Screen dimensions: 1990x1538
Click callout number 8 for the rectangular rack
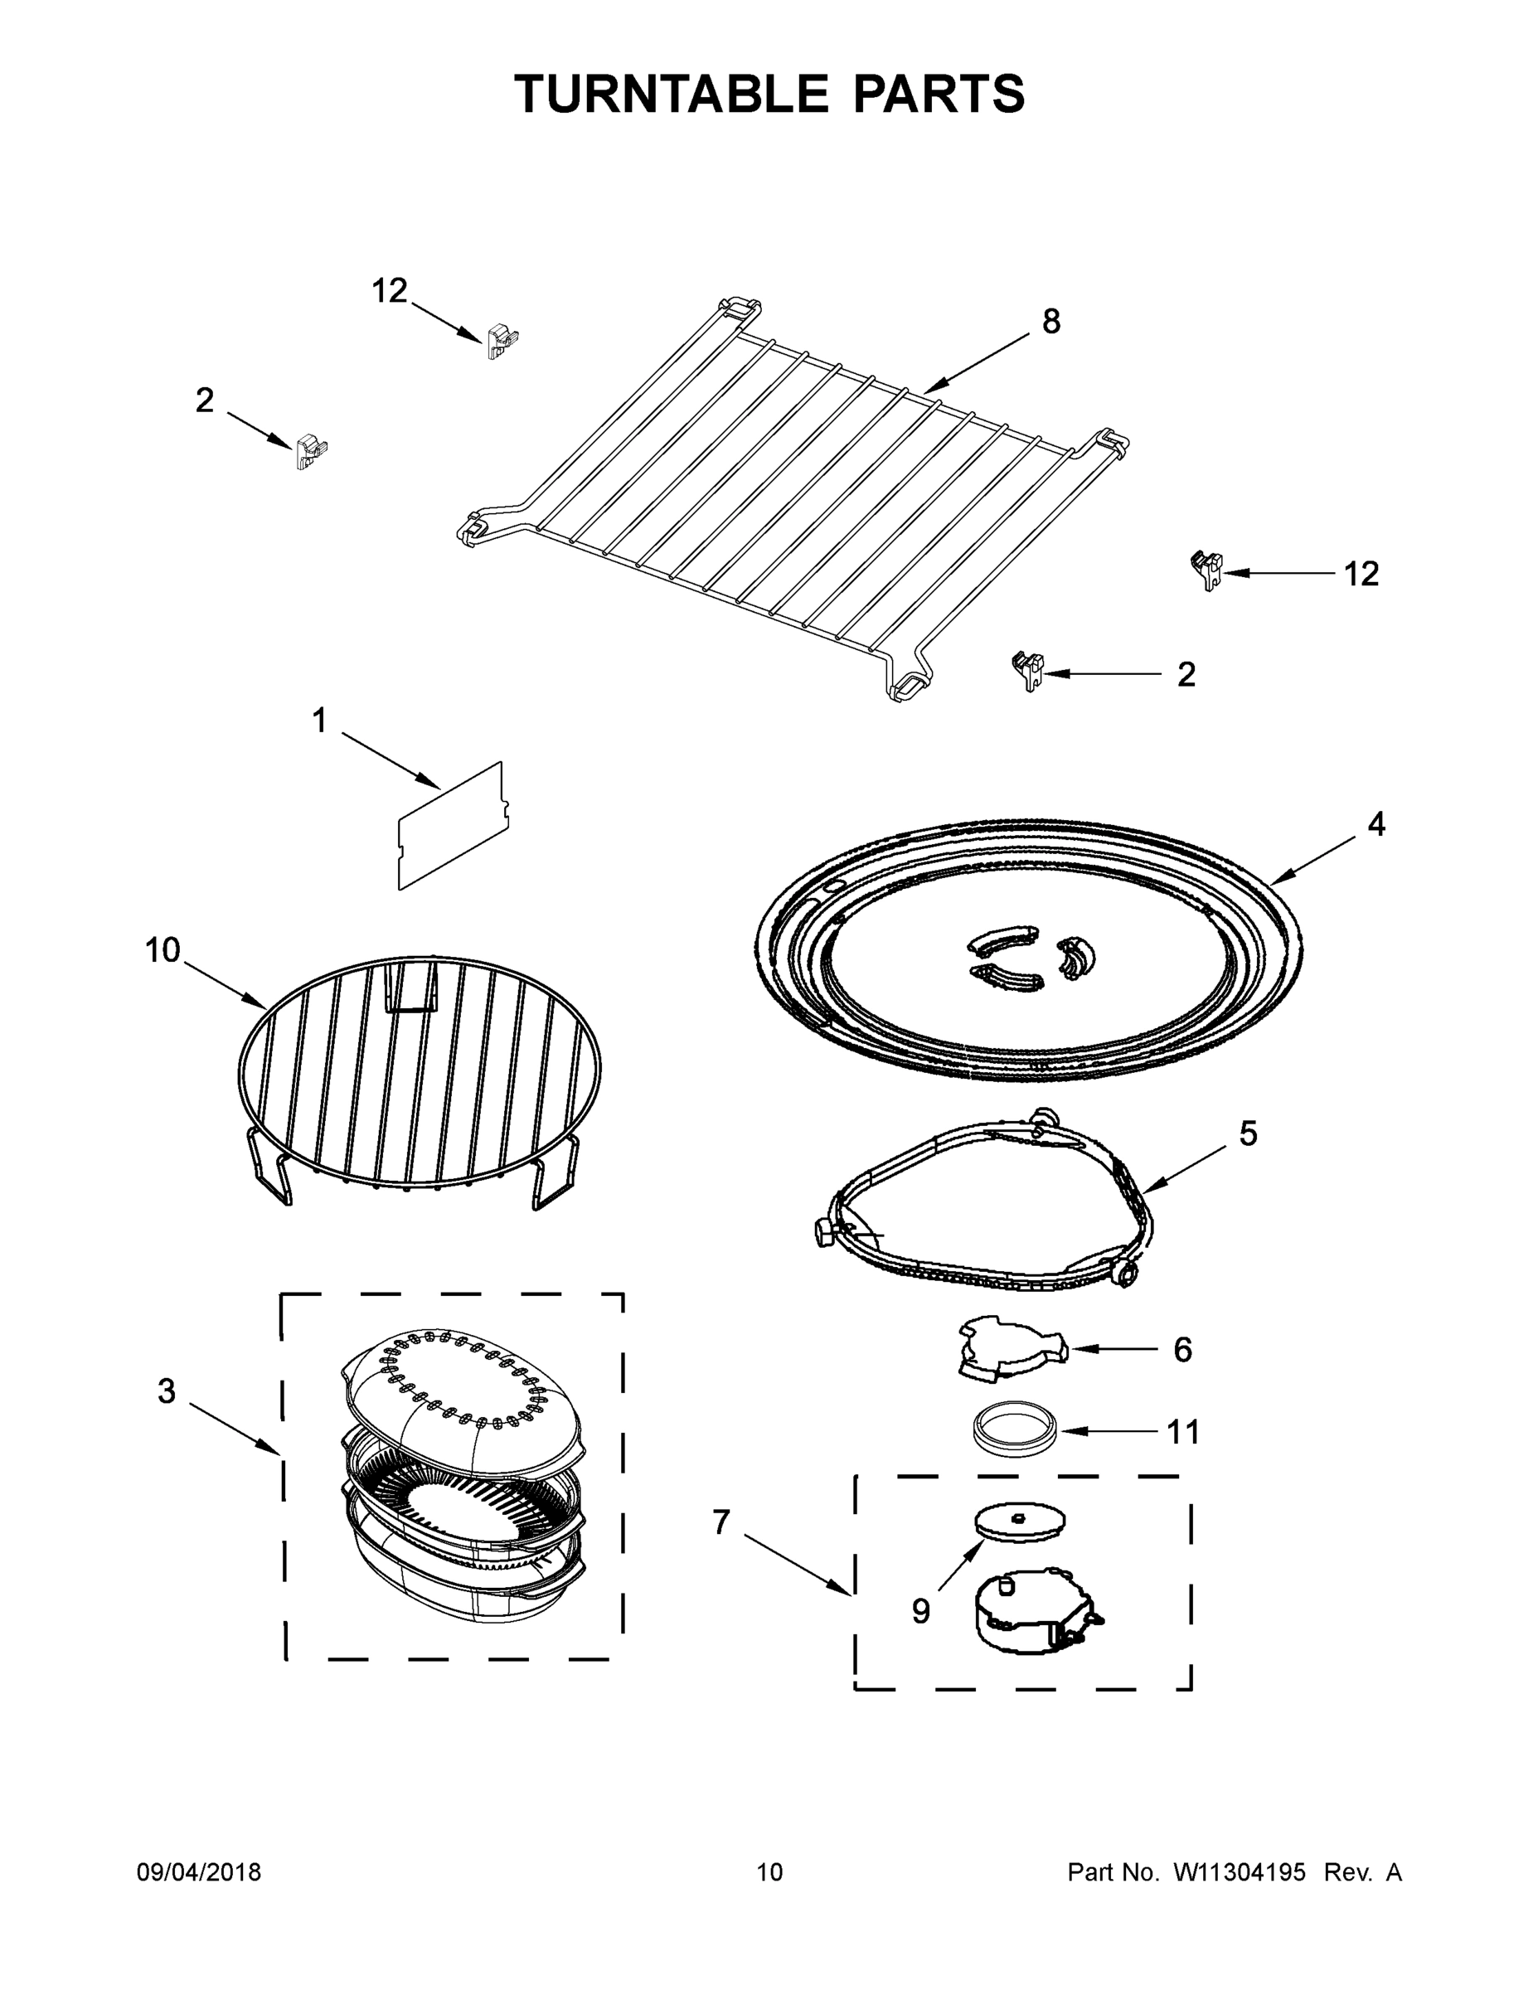[x=1050, y=322]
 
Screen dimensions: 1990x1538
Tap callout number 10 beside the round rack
[x=163, y=950]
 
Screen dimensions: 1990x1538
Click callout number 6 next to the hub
[x=1181, y=1349]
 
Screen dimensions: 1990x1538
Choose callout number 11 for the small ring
[x=1184, y=1432]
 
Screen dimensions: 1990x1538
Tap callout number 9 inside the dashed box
[x=920, y=1612]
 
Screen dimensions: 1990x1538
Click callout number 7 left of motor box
[x=720, y=1522]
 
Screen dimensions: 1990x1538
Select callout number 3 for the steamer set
[x=166, y=1391]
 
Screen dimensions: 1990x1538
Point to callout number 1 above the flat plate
[x=319, y=721]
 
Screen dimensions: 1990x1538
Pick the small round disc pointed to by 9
[x=1020, y=1522]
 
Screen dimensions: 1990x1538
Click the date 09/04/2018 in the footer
[x=199, y=1872]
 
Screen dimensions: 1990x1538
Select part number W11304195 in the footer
[x=1240, y=1872]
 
